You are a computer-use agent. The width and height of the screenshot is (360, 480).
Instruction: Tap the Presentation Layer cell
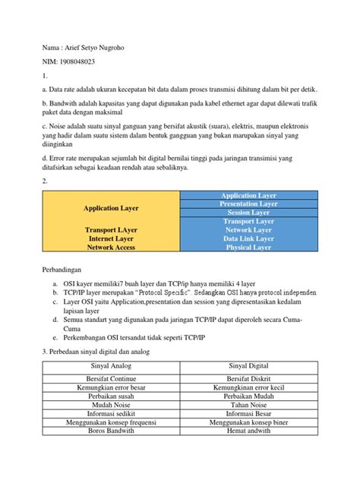point(248,204)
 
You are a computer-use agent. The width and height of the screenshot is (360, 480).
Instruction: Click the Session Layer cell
point(248,213)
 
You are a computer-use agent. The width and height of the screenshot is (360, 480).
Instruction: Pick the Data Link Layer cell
point(248,238)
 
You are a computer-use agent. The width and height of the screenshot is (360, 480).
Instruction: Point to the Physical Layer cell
point(248,247)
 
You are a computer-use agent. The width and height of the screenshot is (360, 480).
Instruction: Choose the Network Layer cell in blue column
point(248,229)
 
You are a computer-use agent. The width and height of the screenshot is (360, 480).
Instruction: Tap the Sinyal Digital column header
point(248,367)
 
